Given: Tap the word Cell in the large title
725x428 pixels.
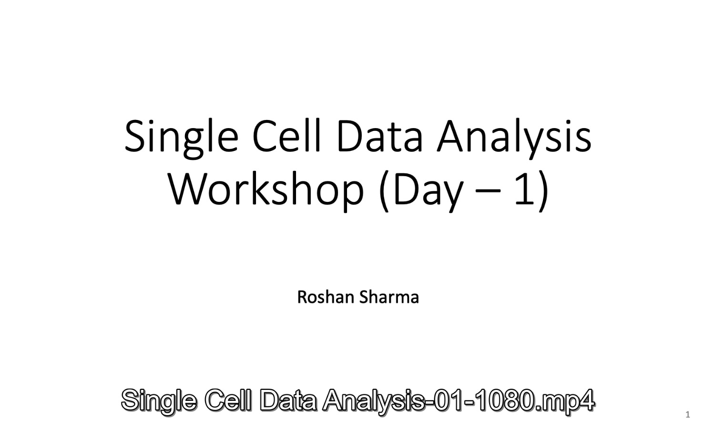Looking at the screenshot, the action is pyautogui.click(x=286, y=135).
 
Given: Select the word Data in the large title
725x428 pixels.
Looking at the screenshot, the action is pyautogui.click(x=379, y=136).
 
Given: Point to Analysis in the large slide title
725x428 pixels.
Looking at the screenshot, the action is pyautogui.click(x=514, y=139).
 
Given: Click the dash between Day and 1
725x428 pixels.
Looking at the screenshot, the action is pyautogui.click(x=488, y=191).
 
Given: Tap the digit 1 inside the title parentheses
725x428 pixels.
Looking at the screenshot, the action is pyautogui.click(x=524, y=189).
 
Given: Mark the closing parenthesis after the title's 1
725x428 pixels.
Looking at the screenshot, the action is pyautogui.click(x=542, y=191).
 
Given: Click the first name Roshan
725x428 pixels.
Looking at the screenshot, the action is pyautogui.click(x=326, y=297).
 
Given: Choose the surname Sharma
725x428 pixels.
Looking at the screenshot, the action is pyautogui.click(x=389, y=297).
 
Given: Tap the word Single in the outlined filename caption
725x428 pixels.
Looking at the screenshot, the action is pyautogui.click(x=159, y=401).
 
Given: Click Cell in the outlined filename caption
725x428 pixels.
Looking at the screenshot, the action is pyautogui.click(x=228, y=400).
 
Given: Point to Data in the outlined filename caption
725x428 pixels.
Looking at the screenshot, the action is pyautogui.click(x=288, y=400).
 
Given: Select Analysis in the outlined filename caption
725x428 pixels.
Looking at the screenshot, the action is pyautogui.click(x=373, y=401).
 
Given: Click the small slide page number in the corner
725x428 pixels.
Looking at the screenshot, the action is pyautogui.click(x=688, y=414).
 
